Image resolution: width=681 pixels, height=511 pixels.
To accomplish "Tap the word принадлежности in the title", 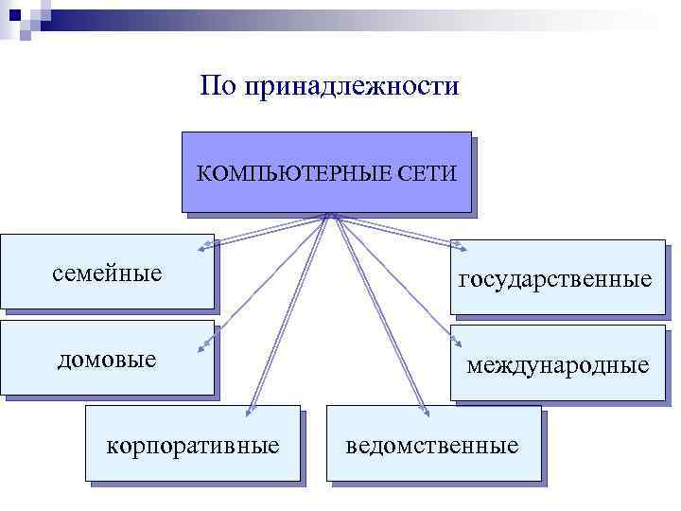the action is (x=351, y=87).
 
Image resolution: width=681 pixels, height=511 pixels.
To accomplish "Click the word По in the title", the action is (x=218, y=87).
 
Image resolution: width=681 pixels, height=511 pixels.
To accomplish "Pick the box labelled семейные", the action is (x=107, y=272).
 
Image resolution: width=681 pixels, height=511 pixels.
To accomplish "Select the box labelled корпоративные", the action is (x=193, y=444).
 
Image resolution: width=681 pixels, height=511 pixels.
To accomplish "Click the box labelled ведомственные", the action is (x=433, y=444).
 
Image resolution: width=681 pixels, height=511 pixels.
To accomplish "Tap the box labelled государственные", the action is (x=557, y=276).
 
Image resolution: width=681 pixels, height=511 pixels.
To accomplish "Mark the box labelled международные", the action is (x=557, y=363).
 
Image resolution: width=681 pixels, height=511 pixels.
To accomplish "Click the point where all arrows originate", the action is (x=327, y=215).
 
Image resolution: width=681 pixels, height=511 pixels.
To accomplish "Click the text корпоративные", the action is (x=193, y=444).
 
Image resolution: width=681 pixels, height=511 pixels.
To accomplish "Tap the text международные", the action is (x=557, y=364).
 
